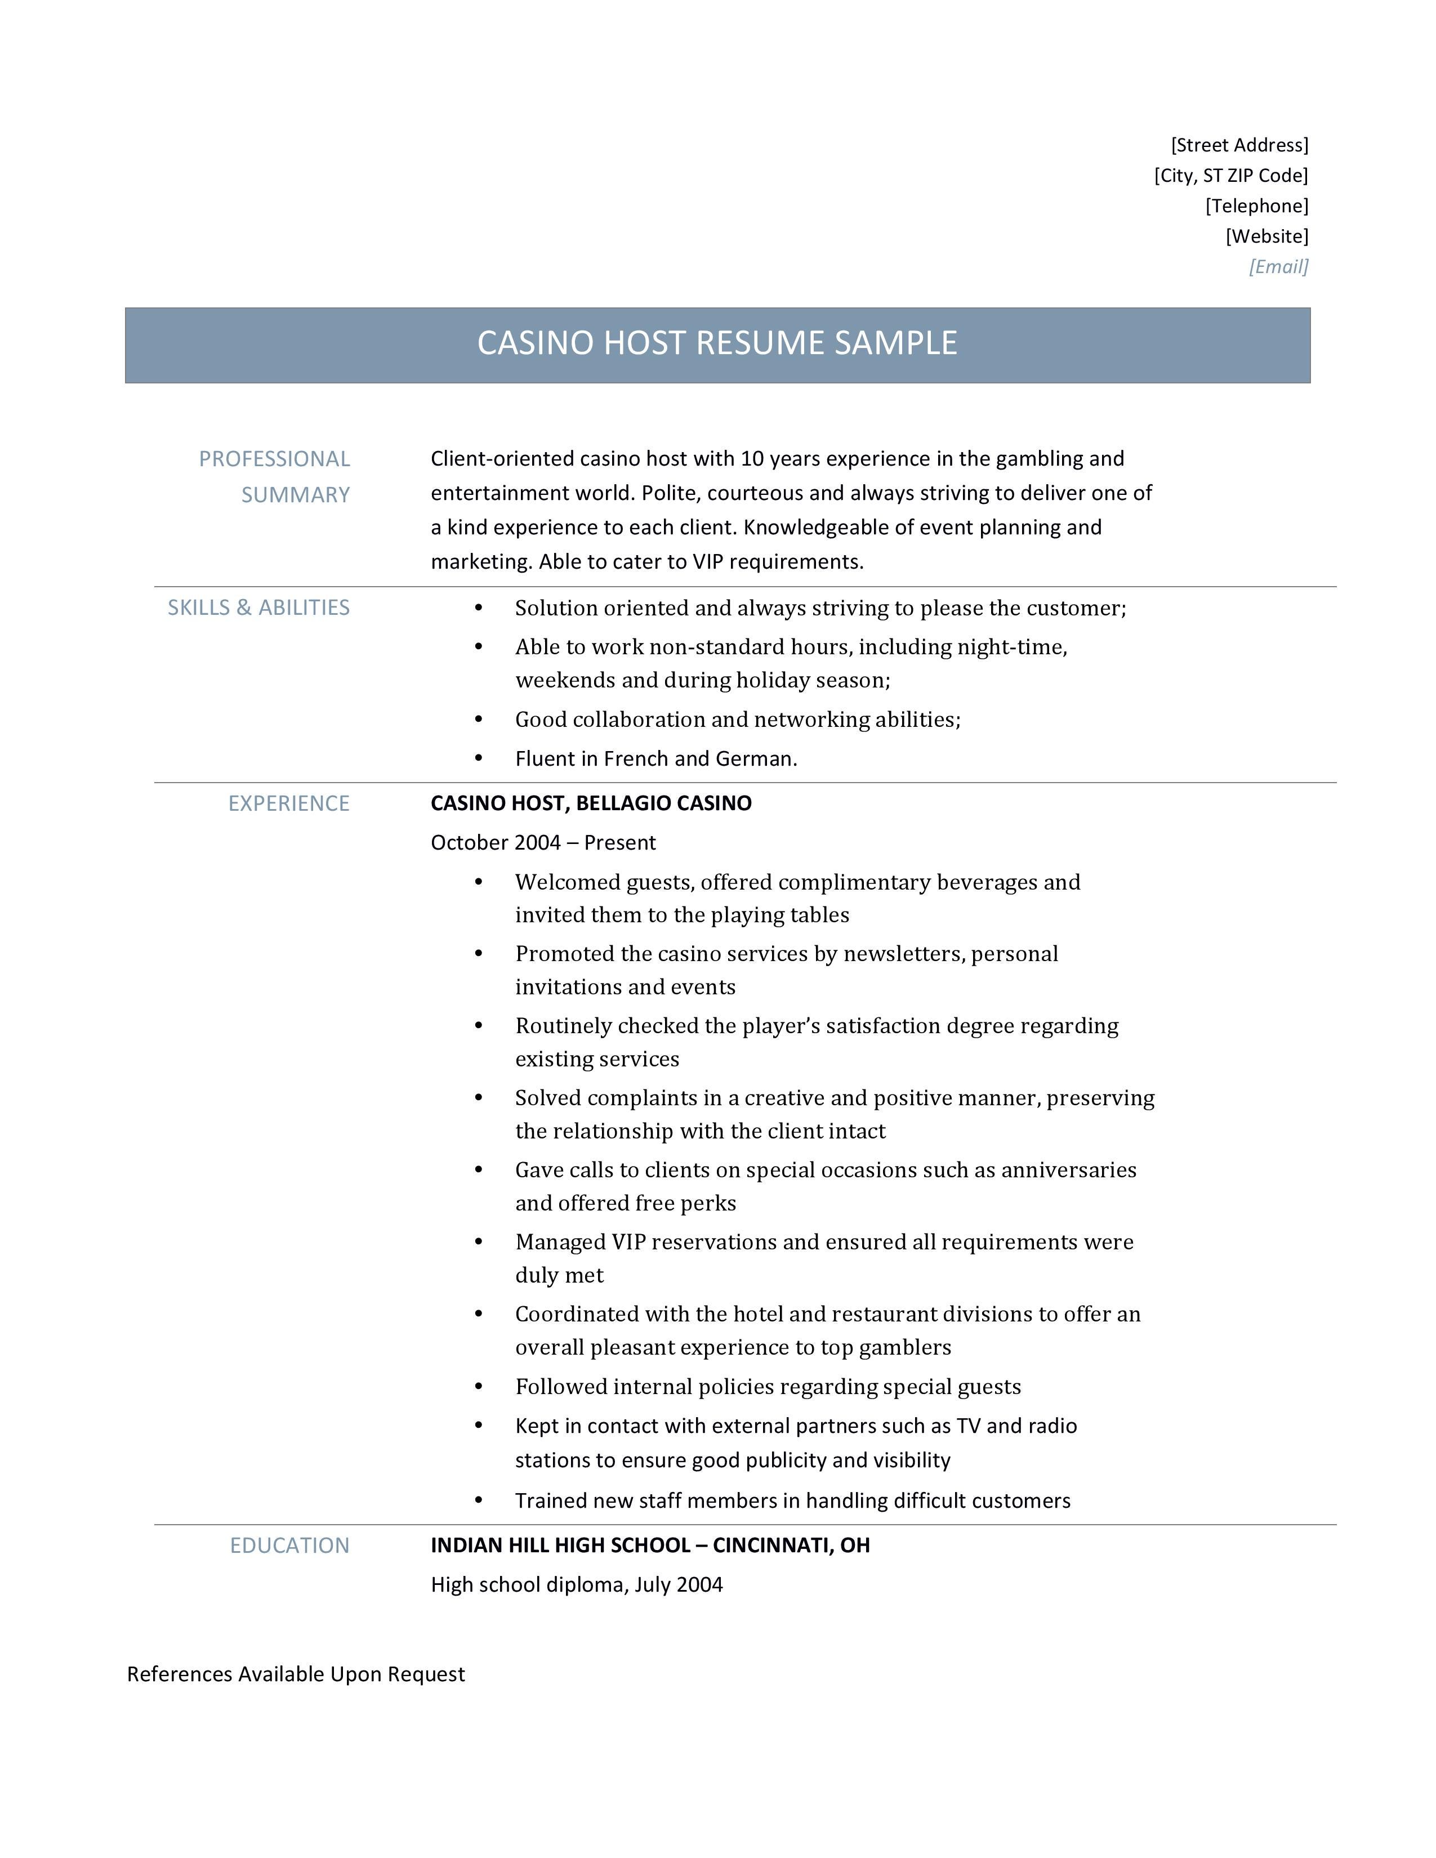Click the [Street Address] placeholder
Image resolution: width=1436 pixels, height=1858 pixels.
tap(1239, 145)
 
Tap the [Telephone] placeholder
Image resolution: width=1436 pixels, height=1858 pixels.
tap(1256, 206)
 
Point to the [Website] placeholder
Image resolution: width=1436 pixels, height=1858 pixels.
tap(1266, 236)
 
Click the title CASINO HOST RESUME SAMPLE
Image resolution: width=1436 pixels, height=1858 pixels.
tap(716, 343)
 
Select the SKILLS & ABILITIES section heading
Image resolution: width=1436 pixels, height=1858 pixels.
tap(258, 608)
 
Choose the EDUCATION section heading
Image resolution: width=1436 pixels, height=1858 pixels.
tap(289, 1545)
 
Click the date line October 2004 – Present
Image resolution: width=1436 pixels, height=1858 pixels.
tap(543, 842)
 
